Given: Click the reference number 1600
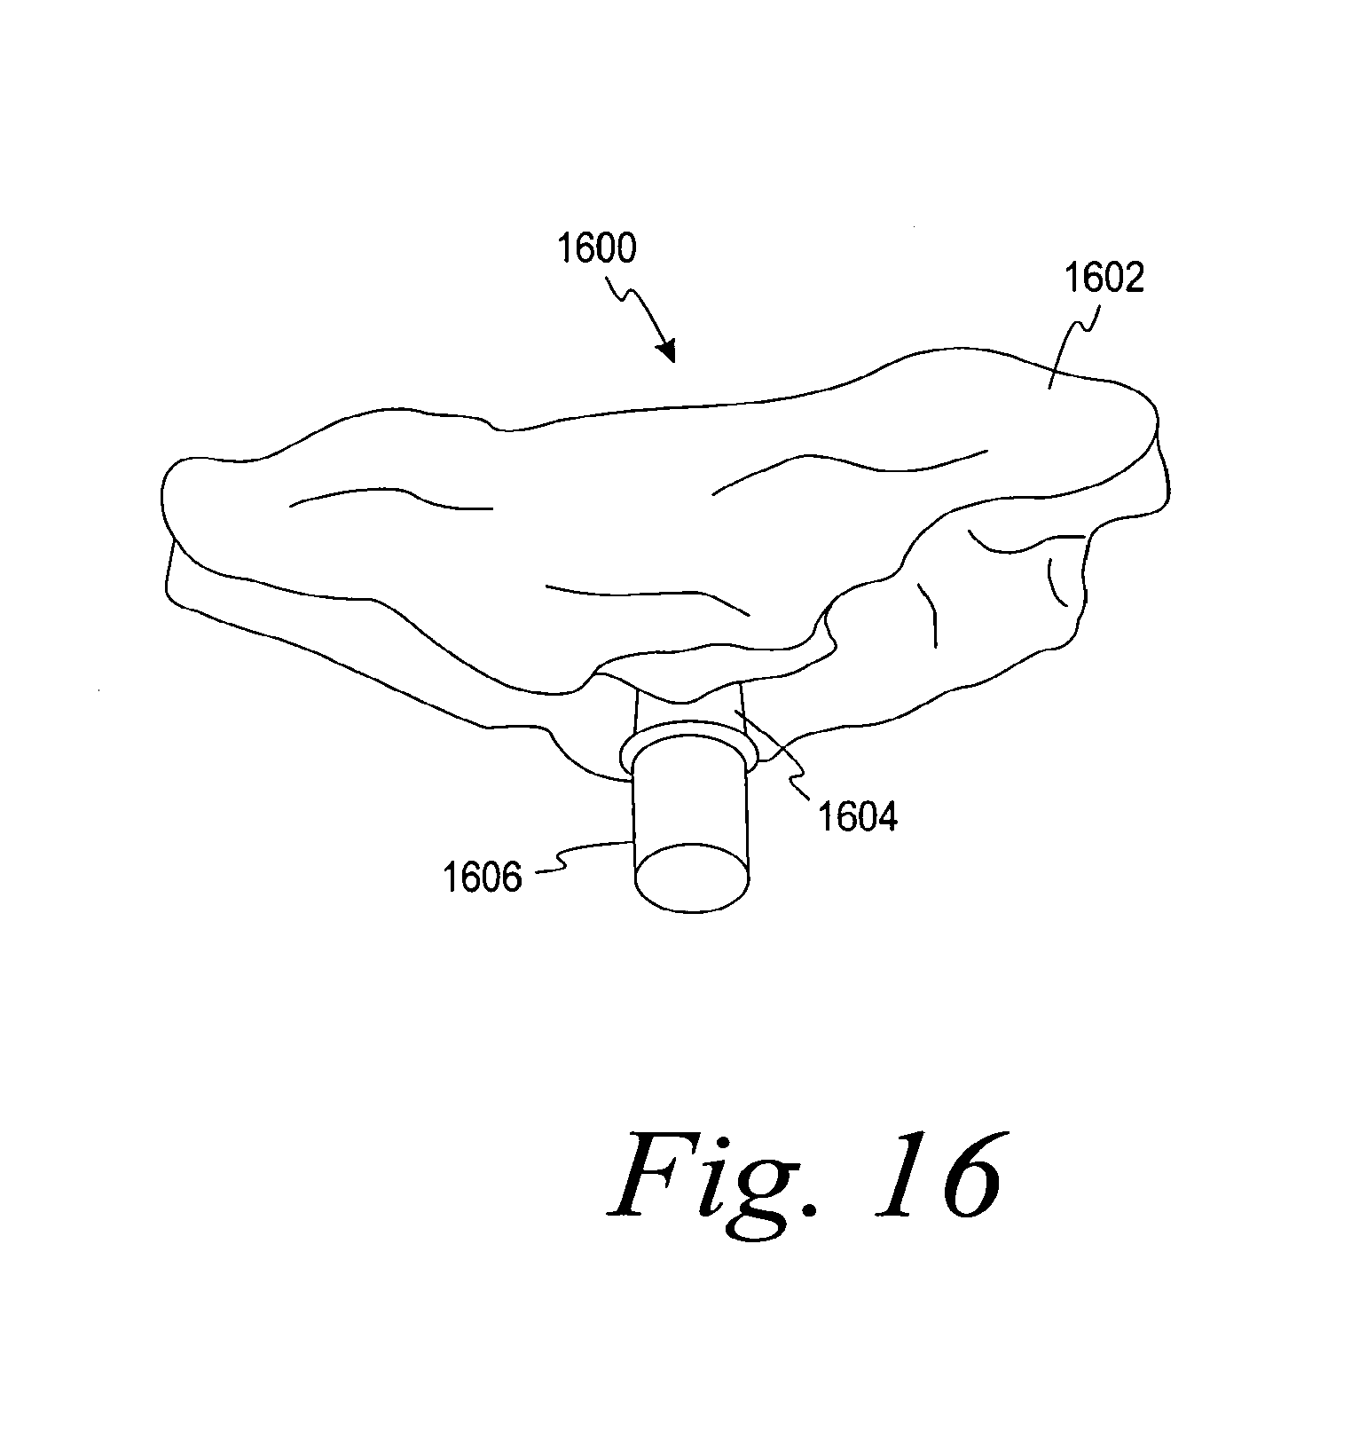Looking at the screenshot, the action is [596, 249].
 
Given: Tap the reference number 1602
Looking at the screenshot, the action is [1104, 278].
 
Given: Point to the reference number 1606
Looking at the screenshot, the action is [483, 878].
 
